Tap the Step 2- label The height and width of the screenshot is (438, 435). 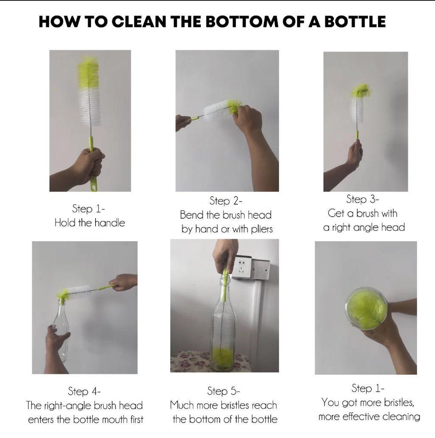tap(226, 200)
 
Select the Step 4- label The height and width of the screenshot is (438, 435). tap(84, 391)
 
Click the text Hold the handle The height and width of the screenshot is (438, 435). tap(90, 223)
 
